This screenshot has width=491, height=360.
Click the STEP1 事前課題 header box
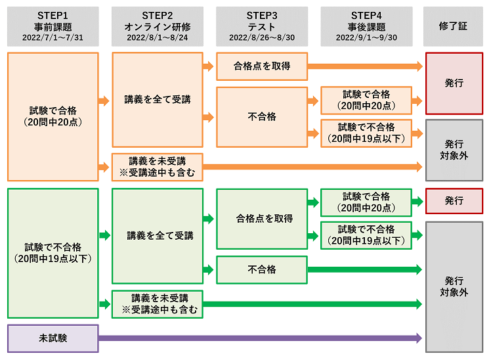coord(53,26)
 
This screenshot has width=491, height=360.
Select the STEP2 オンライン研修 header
coord(157,26)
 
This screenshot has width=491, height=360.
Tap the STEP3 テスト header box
coord(262,26)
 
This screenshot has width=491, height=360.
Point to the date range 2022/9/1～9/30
coord(367,37)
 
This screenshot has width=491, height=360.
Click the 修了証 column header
coord(454,26)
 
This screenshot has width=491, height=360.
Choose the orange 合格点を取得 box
coord(262,66)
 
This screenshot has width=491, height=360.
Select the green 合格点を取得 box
coord(262,219)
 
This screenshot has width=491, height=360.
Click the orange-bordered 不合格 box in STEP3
coord(262,117)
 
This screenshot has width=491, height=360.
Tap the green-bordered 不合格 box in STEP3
coord(262,269)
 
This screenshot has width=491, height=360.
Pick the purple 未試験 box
coord(53,338)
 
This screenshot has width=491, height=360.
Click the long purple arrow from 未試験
coord(259,338)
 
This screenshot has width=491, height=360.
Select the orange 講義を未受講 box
coord(157,167)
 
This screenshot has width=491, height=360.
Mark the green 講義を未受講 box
coord(157,304)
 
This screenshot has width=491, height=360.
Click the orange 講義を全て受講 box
coord(157,100)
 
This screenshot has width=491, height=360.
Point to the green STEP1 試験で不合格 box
coord(53,253)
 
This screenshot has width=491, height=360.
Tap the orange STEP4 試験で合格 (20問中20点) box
coord(366,100)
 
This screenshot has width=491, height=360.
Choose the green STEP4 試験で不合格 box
coord(366,235)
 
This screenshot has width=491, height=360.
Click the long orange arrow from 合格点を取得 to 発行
coord(364,66)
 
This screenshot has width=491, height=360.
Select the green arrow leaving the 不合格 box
coord(364,269)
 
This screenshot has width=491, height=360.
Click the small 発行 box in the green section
coord(454,201)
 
